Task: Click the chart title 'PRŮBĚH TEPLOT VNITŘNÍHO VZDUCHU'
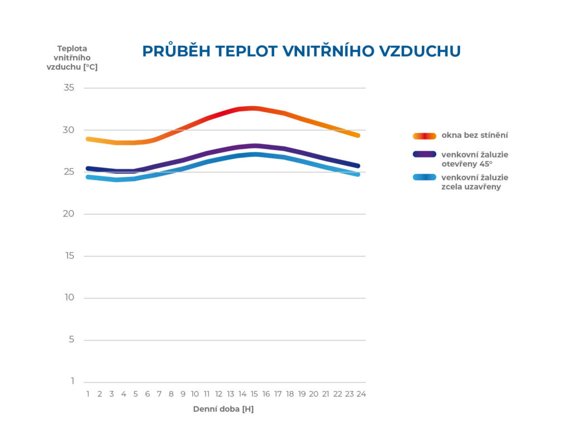pos(301,51)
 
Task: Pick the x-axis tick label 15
pos(254,394)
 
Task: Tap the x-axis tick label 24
pos(361,394)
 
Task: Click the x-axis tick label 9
pos(183,394)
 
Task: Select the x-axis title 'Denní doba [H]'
pos(223,409)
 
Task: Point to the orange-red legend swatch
pos(425,136)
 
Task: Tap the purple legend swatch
pos(425,154)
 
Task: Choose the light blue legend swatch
pos(425,178)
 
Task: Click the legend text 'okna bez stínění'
pos(475,136)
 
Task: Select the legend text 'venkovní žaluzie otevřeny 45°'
pos(475,159)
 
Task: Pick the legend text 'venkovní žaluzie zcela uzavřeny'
pos(475,183)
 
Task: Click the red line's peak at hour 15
pos(254,108)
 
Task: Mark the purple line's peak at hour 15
pos(254,146)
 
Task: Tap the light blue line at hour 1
pos(88,177)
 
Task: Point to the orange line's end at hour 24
pos(357,136)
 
